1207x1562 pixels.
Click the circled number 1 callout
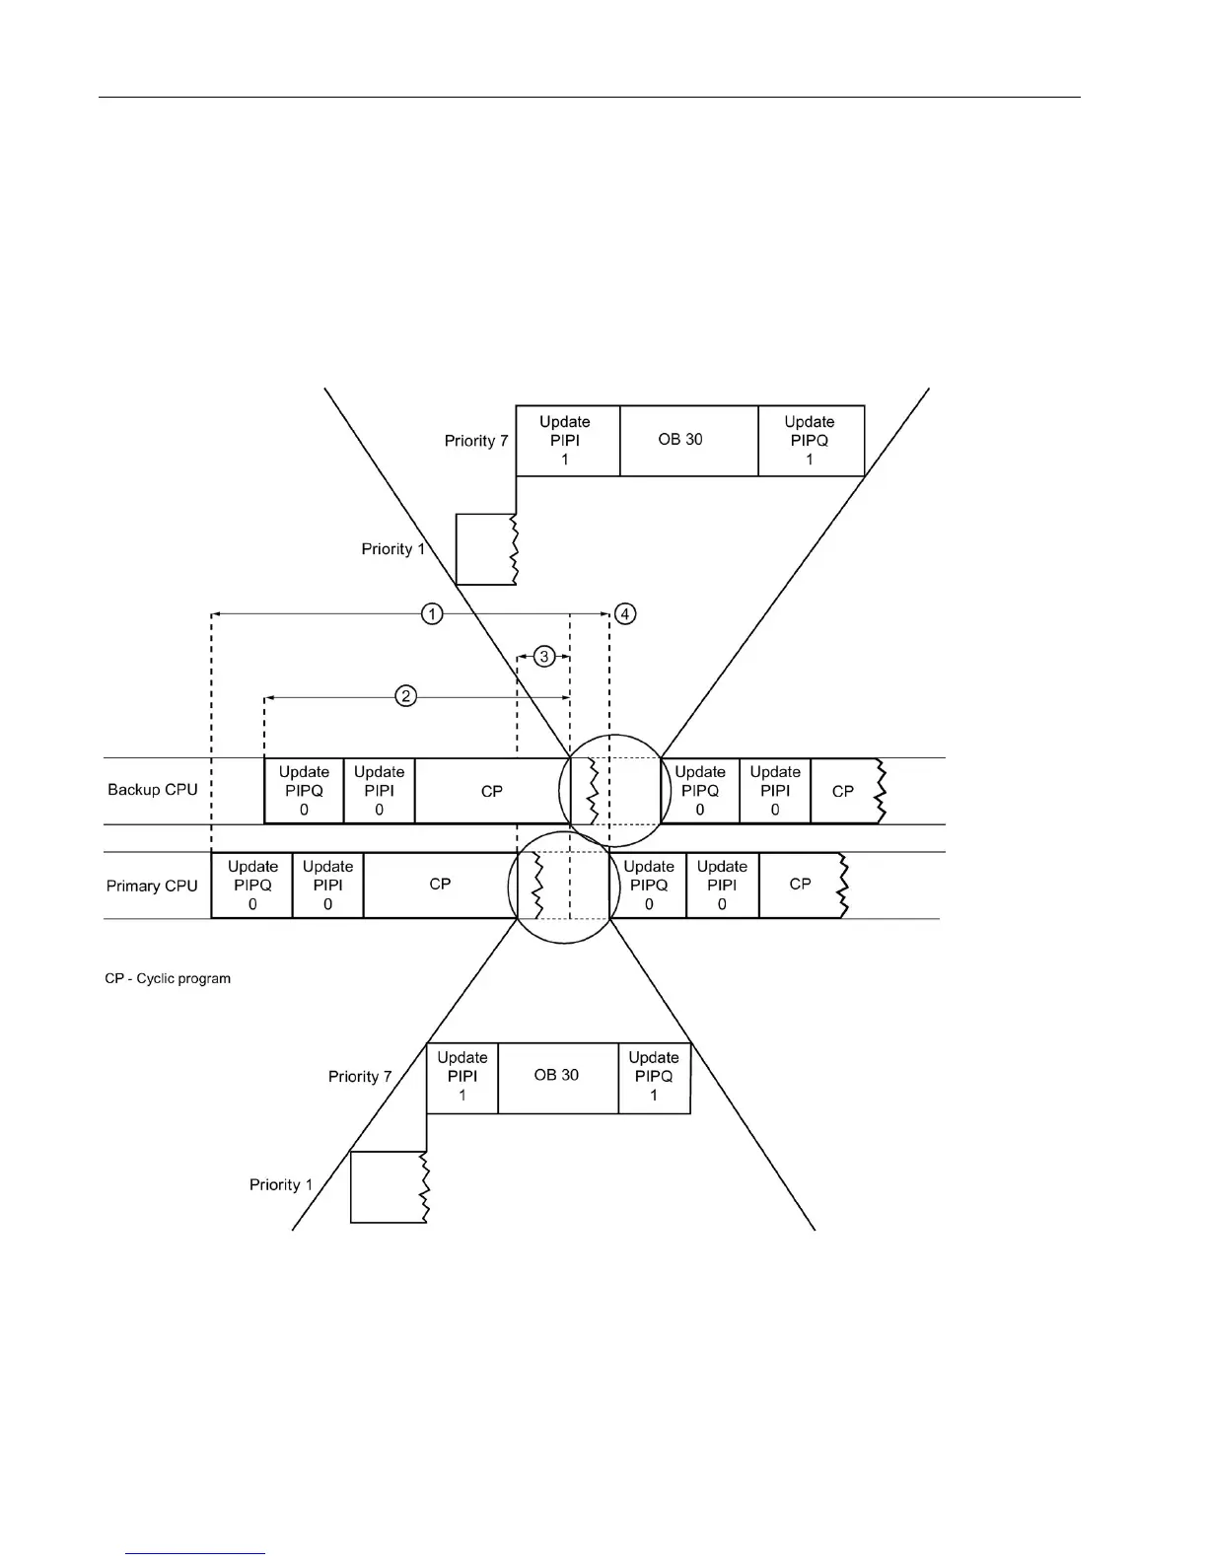432,614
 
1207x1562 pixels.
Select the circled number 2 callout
405,696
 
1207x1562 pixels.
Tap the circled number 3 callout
544,656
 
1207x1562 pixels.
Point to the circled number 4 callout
625,614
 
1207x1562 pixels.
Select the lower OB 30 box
557,1076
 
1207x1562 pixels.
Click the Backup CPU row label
153,790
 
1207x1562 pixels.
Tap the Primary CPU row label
152,886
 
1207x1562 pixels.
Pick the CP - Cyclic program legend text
168,978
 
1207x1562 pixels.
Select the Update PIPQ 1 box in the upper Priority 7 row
811,440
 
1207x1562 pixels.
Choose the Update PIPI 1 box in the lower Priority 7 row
462,1076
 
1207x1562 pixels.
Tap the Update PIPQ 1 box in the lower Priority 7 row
654,1076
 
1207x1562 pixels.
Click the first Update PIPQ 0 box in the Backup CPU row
304,790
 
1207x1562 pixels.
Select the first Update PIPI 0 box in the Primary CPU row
327,885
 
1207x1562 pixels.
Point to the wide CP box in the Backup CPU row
491,790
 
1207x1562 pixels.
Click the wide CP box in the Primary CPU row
440,885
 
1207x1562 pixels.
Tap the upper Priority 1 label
392,549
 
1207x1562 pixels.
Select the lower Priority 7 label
360,1077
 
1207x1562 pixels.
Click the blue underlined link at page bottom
195,1554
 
